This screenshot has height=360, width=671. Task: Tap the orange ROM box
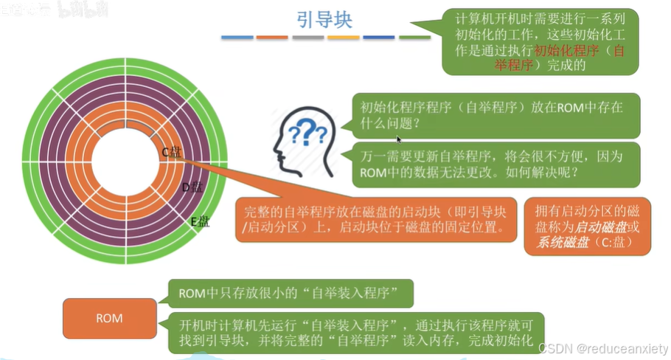(109, 318)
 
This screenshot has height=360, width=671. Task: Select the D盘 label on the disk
(192, 187)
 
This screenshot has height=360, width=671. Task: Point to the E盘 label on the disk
(200, 221)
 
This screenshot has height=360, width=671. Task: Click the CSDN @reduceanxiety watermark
(603, 347)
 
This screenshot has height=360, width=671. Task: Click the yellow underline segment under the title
(344, 38)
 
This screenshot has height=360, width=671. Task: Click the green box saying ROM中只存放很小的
(289, 294)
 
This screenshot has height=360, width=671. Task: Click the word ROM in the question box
(569, 107)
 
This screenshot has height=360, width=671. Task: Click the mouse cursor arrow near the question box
(399, 139)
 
